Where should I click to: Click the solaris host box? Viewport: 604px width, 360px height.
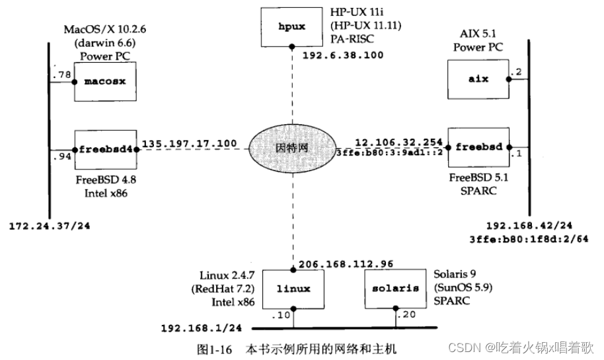click(x=395, y=289)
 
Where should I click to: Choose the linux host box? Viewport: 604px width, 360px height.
click(x=293, y=289)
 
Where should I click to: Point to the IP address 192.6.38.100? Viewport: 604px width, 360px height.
click(x=342, y=56)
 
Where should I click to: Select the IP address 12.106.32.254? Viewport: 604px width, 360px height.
click(x=398, y=141)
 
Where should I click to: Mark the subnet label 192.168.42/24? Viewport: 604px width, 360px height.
click(x=528, y=225)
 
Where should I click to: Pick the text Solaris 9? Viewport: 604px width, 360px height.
click(x=455, y=273)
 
